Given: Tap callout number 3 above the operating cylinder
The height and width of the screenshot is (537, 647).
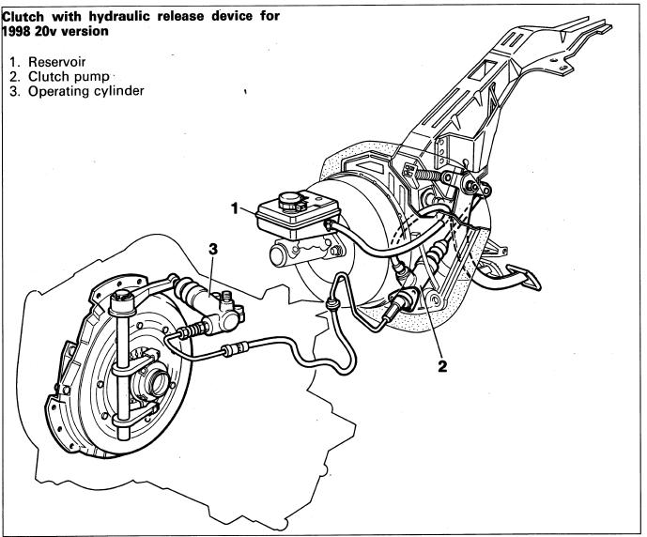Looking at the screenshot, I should click(x=213, y=249).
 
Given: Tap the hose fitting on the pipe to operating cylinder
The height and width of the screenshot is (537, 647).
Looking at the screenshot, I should click(x=230, y=352).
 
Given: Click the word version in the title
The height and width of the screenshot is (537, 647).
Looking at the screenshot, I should click(x=81, y=31).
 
